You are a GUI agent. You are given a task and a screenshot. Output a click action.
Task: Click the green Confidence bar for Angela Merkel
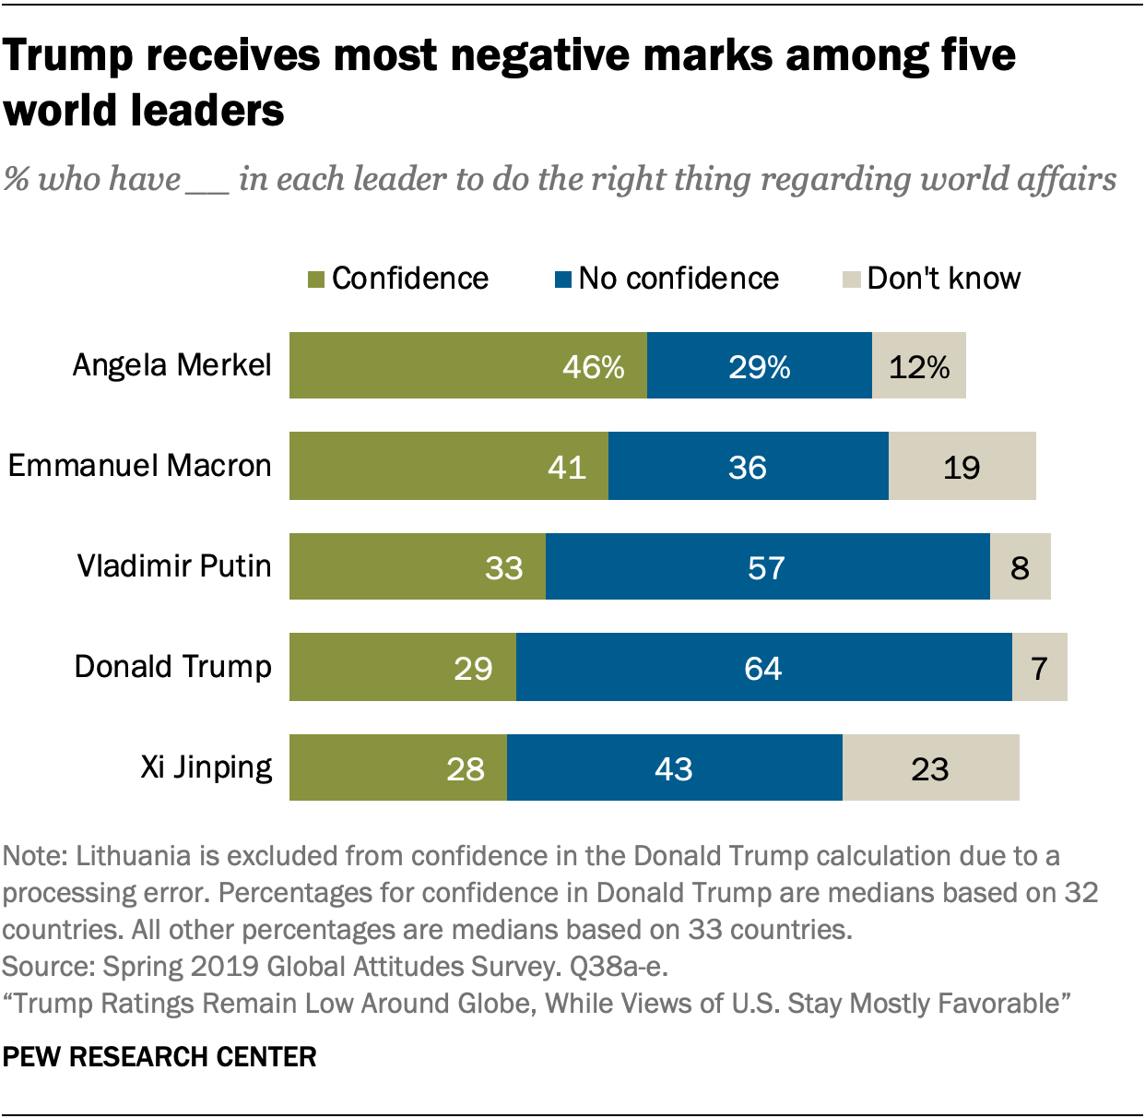click(x=467, y=365)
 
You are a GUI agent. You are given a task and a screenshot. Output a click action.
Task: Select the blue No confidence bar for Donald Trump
click(x=763, y=667)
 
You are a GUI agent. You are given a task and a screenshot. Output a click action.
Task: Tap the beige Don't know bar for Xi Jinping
click(x=930, y=767)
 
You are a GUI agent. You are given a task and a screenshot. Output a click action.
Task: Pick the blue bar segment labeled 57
click(x=767, y=566)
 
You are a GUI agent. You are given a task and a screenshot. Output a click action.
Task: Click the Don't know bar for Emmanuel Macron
click(x=962, y=466)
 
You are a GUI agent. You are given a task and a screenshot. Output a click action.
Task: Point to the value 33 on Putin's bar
click(x=504, y=567)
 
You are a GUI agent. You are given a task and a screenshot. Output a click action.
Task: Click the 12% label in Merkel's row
click(x=919, y=367)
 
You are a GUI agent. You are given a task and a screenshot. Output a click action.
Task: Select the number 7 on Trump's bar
click(x=1040, y=668)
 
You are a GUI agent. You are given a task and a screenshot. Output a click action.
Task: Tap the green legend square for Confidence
click(x=315, y=279)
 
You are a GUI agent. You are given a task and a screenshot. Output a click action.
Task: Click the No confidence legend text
click(x=679, y=279)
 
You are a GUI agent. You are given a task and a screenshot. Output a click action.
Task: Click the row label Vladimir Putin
click(x=174, y=565)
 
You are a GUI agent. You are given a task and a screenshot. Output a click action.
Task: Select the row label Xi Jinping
click(x=206, y=767)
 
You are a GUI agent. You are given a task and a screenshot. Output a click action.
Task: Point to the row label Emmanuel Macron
click(x=140, y=465)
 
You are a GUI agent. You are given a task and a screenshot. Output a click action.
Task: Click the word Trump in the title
click(x=68, y=55)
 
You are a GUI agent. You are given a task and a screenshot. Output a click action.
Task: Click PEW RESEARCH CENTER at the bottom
click(x=159, y=1057)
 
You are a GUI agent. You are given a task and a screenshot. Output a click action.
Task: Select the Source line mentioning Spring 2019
click(x=335, y=966)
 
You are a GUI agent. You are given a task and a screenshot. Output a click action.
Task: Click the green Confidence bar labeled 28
click(x=397, y=767)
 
